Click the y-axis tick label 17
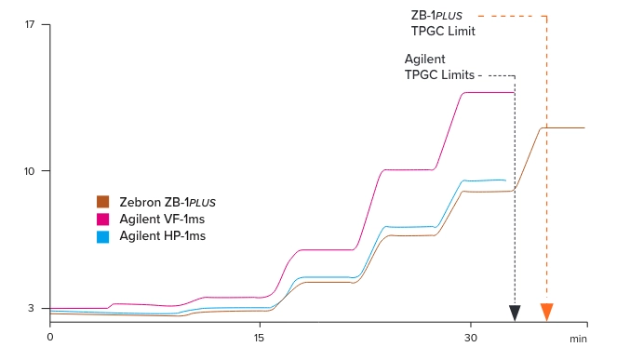coord(31,24)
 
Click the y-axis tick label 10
coord(31,171)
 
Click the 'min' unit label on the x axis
coord(579,339)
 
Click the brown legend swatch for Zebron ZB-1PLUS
coord(104,202)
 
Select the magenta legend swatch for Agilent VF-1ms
coord(104,219)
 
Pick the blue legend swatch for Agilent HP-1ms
coord(104,236)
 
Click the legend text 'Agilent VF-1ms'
coord(162,219)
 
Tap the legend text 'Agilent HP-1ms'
coord(162,236)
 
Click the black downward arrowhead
coord(515,313)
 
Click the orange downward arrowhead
coord(546,313)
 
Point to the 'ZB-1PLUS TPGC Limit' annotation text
coord(444,23)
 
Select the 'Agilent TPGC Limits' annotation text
coord(439,66)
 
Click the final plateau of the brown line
coord(563,127)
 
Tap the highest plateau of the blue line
coord(484,180)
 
